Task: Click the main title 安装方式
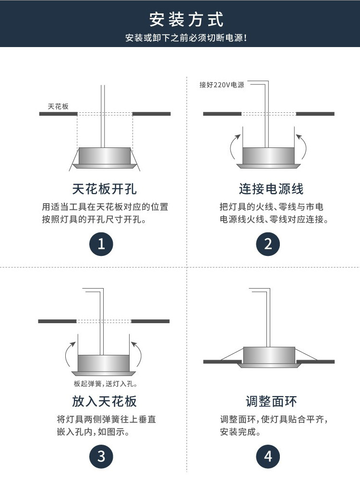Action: (186, 20)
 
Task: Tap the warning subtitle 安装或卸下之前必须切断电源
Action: (186, 38)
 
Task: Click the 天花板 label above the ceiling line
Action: (58, 107)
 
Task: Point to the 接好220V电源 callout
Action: (222, 85)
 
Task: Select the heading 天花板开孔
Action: (104, 189)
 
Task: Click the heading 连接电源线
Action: (271, 189)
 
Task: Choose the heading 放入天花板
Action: (104, 401)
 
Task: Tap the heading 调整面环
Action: (271, 401)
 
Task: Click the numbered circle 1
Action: (101, 244)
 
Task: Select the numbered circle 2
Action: (268, 244)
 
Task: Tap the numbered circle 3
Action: (101, 457)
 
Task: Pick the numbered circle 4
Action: (268, 457)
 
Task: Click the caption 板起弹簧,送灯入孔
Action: (106, 384)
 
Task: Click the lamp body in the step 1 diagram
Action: (105, 156)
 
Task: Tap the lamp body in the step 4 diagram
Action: (269, 355)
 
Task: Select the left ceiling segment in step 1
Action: (58, 114)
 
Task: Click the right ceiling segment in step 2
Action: (315, 114)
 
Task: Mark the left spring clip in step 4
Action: (232, 354)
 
